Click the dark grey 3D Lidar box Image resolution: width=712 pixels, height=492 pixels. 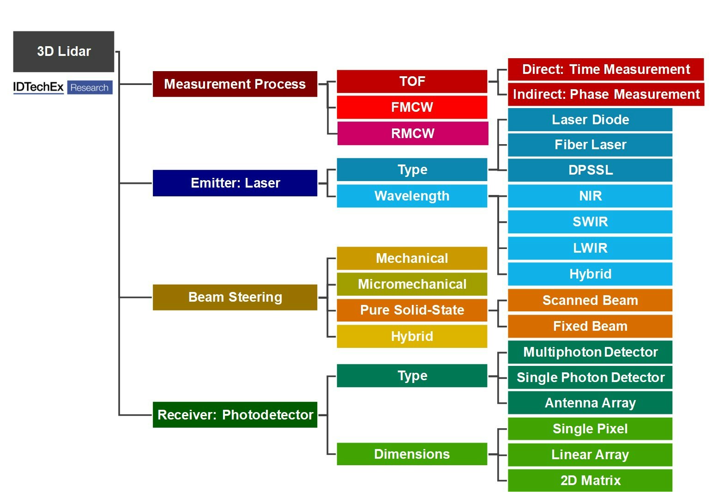(64, 51)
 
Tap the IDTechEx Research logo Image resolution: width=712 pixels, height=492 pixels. (63, 87)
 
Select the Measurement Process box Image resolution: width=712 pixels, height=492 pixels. (235, 84)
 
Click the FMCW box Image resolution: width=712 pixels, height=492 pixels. (412, 107)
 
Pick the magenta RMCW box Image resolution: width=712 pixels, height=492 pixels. (412, 134)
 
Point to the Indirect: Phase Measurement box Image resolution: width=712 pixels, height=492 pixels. (606, 94)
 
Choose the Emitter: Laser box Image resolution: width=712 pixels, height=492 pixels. (235, 183)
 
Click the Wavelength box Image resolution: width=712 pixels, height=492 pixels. (412, 196)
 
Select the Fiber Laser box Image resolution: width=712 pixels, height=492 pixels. (590, 145)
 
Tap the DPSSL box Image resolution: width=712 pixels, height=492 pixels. (590, 170)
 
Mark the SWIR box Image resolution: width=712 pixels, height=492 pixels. (590, 222)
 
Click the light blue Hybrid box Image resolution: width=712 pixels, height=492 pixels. (590, 274)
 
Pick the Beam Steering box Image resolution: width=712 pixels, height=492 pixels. (235, 297)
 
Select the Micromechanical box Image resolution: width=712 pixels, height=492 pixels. (412, 284)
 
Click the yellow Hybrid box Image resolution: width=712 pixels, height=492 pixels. (412, 336)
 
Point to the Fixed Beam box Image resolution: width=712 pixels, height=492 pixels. (590, 326)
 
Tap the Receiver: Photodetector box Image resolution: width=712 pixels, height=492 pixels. (235, 415)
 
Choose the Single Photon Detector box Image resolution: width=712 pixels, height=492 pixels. (590, 377)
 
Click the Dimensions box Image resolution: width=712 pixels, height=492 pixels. (412, 454)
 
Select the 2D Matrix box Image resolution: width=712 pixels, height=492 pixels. (590, 480)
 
